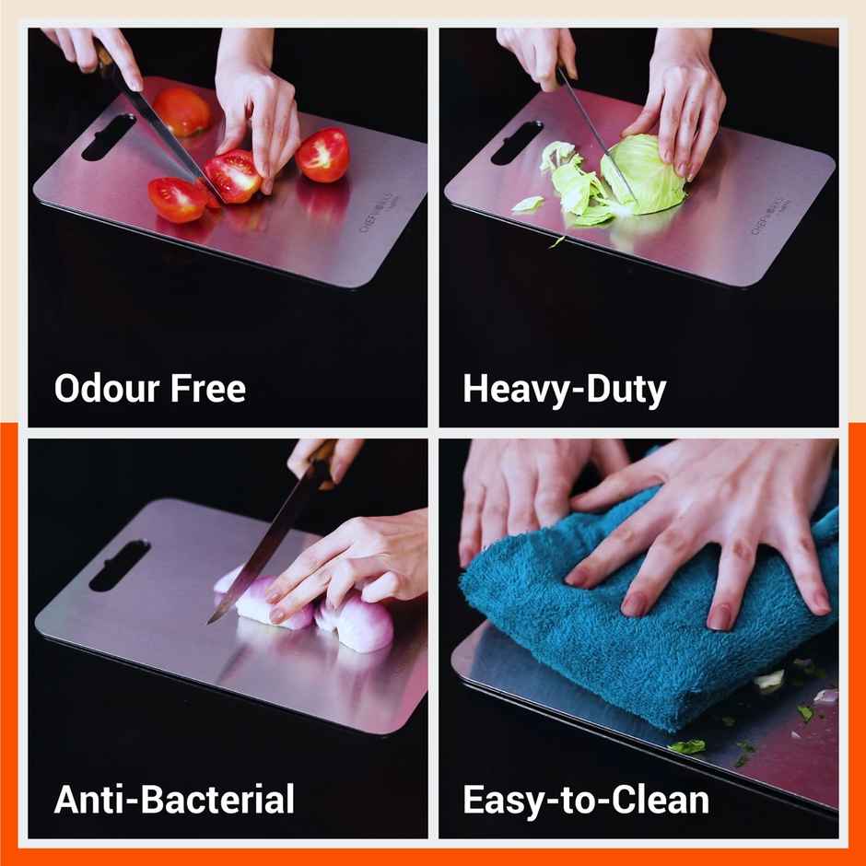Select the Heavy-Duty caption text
[x=564, y=390]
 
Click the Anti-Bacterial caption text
[x=174, y=799]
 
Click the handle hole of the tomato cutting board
[x=109, y=136]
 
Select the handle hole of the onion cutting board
[x=118, y=565]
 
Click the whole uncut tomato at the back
[x=182, y=111]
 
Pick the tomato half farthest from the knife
[x=323, y=154]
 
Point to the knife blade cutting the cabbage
[x=594, y=134]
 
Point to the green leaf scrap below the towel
[x=686, y=746]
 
